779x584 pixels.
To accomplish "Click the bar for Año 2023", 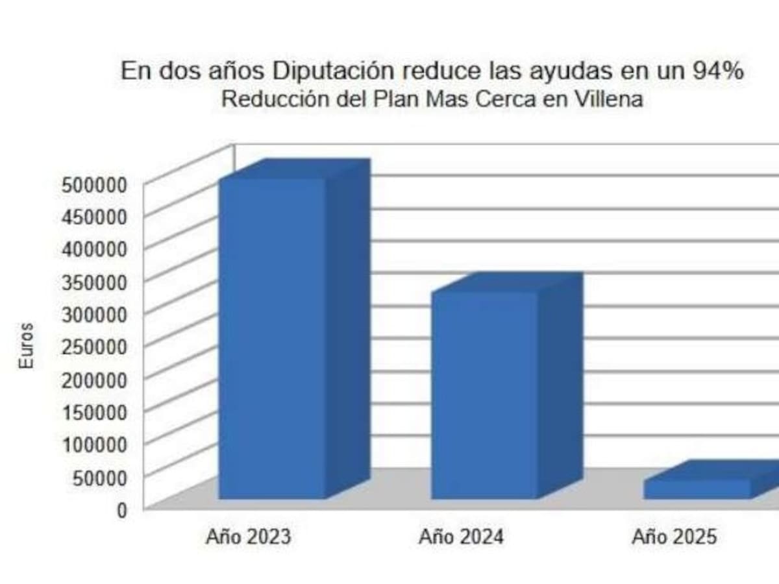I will click(x=272, y=337).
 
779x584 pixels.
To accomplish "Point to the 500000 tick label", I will click(x=93, y=184).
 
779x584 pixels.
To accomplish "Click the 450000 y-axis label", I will click(x=93, y=217).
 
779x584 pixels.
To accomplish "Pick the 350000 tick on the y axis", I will click(x=93, y=282).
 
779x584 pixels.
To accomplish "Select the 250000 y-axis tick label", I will click(x=93, y=347).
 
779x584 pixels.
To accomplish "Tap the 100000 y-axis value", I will click(x=93, y=444).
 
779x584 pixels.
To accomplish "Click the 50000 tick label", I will click(x=98, y=477).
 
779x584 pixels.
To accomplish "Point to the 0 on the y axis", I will click(x=121, y=509).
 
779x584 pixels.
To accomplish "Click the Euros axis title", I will click(x=25, y=346).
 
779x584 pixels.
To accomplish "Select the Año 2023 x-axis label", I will click(x=249, y=537).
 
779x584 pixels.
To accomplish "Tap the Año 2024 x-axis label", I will click(x=461, y=537).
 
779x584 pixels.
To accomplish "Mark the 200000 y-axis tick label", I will click(x=93, y=379).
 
